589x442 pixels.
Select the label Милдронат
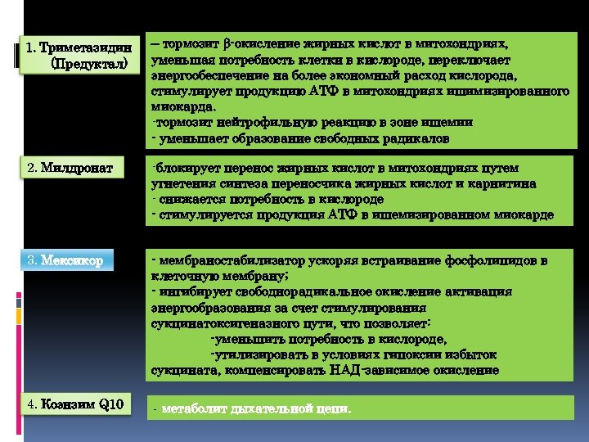tap(73, 168)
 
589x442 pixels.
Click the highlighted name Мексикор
tap(73, 261)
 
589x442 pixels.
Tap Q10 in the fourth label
tap(110, 404)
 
